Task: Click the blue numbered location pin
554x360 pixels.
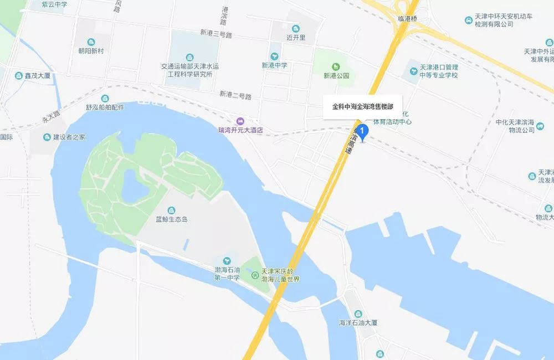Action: pos(362,132)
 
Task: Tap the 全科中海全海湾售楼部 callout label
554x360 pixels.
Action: pos(362,106)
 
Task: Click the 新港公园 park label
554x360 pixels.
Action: pos(337,76)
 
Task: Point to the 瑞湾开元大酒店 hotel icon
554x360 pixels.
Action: pos(239,121)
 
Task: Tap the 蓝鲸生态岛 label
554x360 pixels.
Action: pos(172,219)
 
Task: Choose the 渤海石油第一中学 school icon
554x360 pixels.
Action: pos(227,260)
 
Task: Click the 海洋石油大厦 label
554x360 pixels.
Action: pos(358,323)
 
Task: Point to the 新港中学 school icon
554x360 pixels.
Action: pos(275,56)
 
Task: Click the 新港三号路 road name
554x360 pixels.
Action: pos(216,34)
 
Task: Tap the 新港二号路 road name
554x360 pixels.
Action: pos(235,95)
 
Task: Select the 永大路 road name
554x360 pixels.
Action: pos(52,118)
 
